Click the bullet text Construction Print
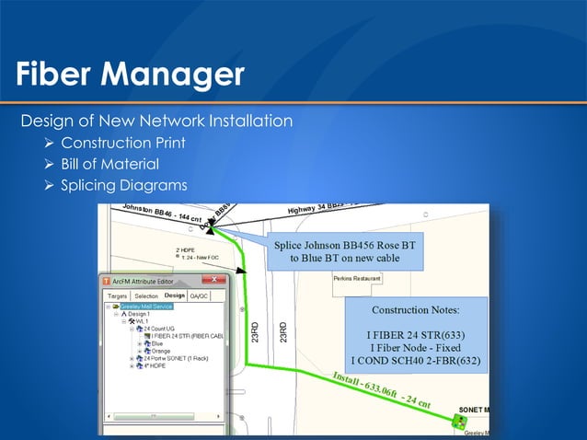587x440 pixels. click(x=123, y=143)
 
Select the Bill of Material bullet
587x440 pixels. click(x=109, y=165)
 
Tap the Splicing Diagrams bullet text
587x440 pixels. click(x=124, y=187)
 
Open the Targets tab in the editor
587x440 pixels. click(x=117, y=296)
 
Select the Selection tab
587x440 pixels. click(x=146, y=296)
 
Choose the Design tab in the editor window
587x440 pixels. click(x=175, y=295)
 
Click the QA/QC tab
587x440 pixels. click(x=199, y=296)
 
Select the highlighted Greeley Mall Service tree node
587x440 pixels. click(x=149, y=306)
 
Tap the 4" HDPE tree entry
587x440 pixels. click(x=157, y=365)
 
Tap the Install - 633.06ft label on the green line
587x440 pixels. click(x=377, y=388)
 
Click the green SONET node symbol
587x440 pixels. click(x=458, y=423)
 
